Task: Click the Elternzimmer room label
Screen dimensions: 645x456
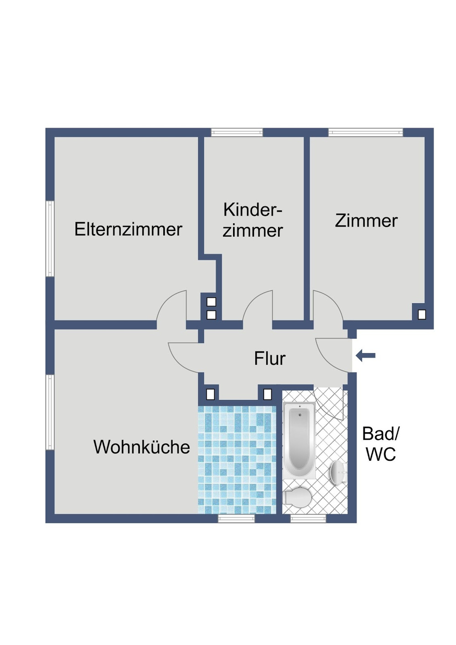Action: (128, 229)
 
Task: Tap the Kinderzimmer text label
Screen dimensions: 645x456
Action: (253, 220)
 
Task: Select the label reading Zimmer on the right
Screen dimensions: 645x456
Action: (366, 221)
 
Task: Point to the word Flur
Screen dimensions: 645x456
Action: (269, 359)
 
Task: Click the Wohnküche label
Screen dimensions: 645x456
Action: (141, 447)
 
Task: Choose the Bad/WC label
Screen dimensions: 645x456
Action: (380, 444)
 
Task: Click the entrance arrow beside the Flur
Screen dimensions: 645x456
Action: (366, 356)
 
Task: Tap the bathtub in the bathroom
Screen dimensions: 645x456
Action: (299, 440)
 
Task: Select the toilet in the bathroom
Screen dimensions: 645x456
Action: (297, 497)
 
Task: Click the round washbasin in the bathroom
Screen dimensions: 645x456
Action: (337, 472)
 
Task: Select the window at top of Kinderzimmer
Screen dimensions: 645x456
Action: (237, 133)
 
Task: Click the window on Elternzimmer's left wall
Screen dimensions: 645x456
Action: (50, 238)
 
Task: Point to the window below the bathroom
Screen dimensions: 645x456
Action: (308, 518)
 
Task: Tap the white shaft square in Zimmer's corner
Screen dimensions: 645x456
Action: (422, 314)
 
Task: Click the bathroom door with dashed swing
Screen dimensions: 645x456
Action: (328, 403)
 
